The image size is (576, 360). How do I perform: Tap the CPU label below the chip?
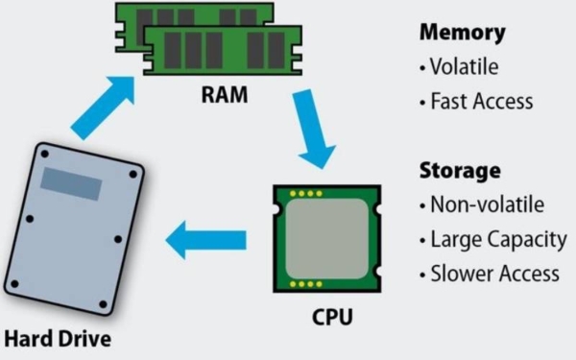(x=327, y=316)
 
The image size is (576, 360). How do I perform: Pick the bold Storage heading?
(x=460, y=171)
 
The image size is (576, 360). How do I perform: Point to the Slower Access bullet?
(x=491, y=274)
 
